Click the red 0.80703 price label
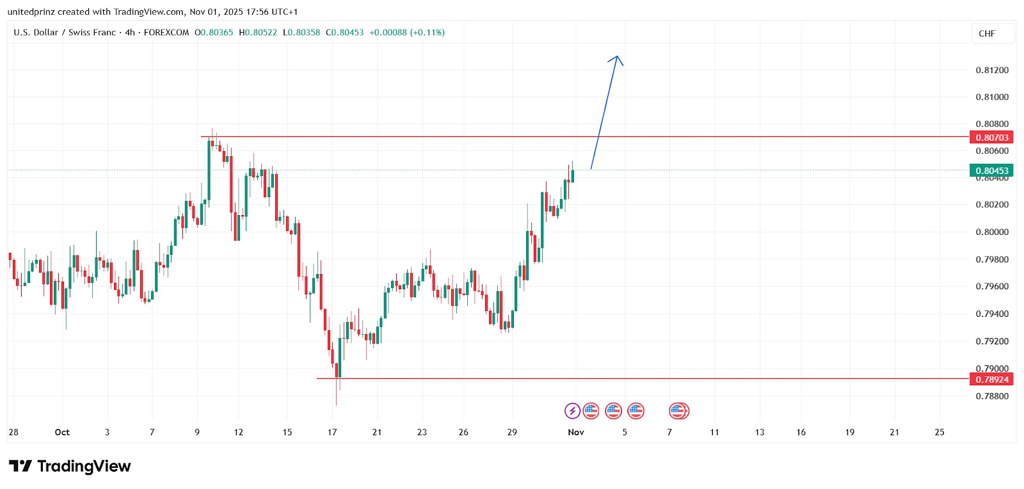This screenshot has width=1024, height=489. pyautogui.click(x=991, y=138)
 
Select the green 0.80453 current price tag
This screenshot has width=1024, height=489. pyautogui.click(x=991, y=171)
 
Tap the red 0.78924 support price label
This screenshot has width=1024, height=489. pyautogui.click(x=991, y=380)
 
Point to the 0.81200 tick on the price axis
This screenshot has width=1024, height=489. pyautogui.click(x=991, y=70)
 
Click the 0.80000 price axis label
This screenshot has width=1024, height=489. pyautogui.click(x=991, y=232)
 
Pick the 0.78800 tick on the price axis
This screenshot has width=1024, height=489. pyautogui.click(x=991, y=396)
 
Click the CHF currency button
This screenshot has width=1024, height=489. pyautogui.click(x=987, y=34)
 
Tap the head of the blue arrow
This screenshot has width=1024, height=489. pyautogui.click(x=617, y=57)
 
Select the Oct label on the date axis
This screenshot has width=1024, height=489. pyautogui.click(x=62, y=433)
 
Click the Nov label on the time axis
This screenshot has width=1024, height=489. pyautogui.click(x=576, y=433)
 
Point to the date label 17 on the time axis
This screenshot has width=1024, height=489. pyautogui.click(x=332, y=433)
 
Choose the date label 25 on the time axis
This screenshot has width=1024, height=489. pyautogui.click(x=940, y=433)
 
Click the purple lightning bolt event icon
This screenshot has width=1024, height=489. pyautogui.click(x=572, y=411)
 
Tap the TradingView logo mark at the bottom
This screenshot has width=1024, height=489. pyautogui.click(x=20, y=466)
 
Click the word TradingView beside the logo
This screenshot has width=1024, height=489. pyautogui.click(x=84, y=466)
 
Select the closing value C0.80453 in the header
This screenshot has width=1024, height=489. pyautogui.click(x=344, y=33)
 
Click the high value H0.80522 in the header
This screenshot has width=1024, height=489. pyautogui.click(x=258, y=33)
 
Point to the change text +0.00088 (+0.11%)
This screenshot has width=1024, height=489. pyautogui.click(x=407, y=33)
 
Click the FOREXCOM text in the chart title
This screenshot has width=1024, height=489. pyautogui.click(x=166, y=33)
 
